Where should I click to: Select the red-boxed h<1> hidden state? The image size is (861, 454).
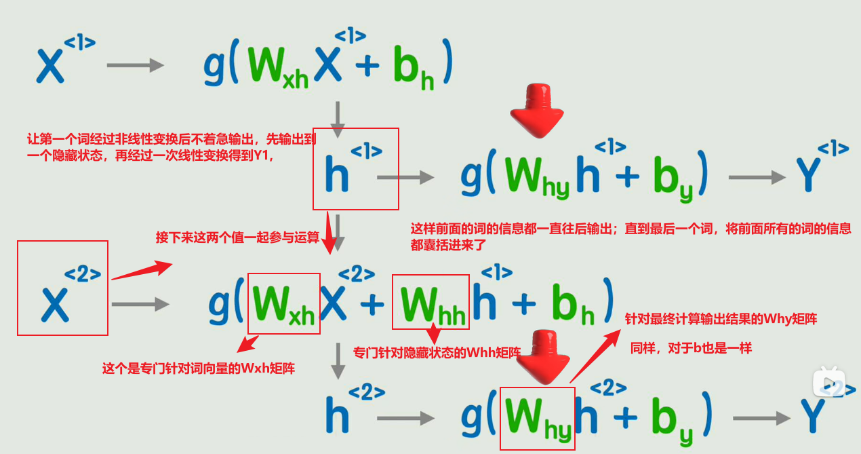[355, 169]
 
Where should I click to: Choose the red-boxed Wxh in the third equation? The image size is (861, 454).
[283, 303]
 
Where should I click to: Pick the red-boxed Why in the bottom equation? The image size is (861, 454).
[537, 418]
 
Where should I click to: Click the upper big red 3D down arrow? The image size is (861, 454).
[538, 110]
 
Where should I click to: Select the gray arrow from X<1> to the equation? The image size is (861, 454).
[136, 65]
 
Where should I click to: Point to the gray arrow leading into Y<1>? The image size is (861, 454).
[757, 178]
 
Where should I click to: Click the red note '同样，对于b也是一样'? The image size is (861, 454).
[691, 348]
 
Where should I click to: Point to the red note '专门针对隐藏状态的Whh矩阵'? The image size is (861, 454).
[437, 353]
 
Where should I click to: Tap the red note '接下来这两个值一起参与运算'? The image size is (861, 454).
[237, 238]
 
